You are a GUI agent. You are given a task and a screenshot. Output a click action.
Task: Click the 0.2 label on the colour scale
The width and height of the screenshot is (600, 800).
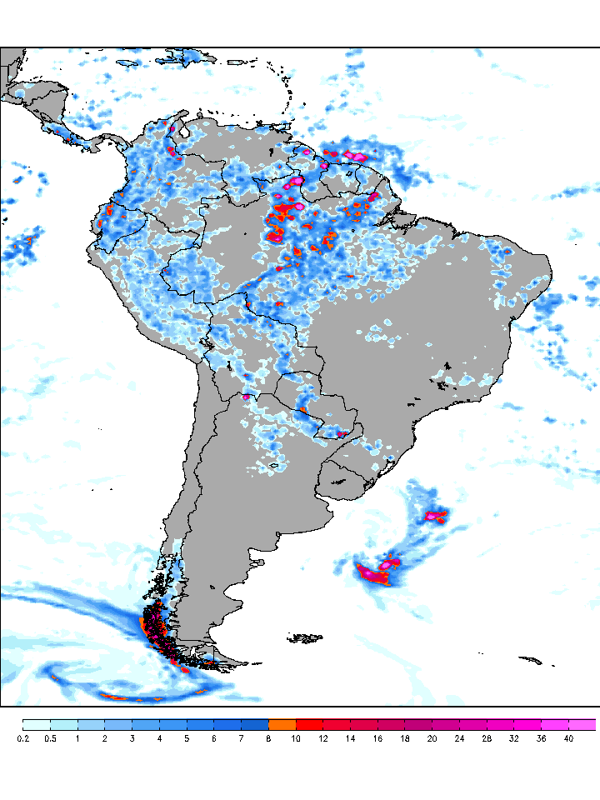point(22,738)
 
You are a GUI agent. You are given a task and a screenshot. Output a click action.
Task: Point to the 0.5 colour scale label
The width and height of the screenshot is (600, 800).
point(50,738)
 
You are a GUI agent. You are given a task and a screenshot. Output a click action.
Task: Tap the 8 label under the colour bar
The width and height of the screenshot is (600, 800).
point(268,738)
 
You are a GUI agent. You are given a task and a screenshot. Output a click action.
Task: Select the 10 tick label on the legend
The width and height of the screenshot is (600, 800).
point(296,738)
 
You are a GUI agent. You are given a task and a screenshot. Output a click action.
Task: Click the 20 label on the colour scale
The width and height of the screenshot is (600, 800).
point(432,738)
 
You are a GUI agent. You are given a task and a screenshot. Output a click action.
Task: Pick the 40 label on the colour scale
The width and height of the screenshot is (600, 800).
point(568,738)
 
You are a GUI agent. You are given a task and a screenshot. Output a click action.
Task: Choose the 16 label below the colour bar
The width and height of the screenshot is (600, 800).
point(377,738)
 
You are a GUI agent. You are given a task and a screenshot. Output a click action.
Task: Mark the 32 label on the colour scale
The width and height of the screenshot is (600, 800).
point(514,738)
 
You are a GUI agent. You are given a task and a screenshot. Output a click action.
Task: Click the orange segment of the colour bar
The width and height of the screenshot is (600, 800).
point(282,724)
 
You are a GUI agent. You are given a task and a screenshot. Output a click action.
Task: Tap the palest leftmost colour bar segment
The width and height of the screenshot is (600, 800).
point(36,724)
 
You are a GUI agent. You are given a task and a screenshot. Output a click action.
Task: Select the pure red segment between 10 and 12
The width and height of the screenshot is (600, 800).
point(309,724)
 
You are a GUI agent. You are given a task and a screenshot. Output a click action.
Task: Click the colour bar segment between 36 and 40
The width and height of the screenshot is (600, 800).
point(555,724)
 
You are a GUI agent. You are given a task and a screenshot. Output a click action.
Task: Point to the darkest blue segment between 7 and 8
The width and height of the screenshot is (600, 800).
point(254,724)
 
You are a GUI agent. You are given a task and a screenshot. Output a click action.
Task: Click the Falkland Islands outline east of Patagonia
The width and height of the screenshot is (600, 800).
point(306,639)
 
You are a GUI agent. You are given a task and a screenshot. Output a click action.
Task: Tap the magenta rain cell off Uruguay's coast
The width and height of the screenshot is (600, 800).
point(436,515)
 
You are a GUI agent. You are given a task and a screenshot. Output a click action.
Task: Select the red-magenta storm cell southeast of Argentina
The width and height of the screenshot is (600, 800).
point(375,573)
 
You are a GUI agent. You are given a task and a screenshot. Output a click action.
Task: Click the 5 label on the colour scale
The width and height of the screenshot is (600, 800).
point(187,738)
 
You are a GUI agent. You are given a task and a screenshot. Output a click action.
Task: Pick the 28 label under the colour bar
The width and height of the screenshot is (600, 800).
point(487,738)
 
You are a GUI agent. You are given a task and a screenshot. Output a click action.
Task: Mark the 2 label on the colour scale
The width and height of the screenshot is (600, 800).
point(105,738)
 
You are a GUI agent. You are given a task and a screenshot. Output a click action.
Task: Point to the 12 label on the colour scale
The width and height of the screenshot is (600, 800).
point(322,738)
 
